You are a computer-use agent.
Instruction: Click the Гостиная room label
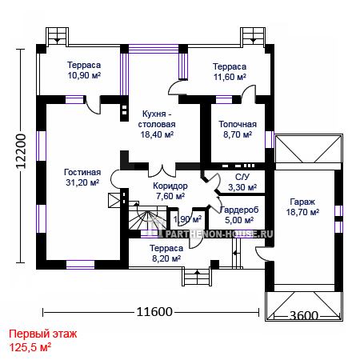point(82,172)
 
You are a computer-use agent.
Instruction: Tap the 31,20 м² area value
point(82,182)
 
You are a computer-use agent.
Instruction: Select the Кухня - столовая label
point(157,119)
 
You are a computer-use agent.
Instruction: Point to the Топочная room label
point(238,124)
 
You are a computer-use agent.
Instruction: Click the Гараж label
point(302,202)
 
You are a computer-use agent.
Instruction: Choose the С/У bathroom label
point(242,177)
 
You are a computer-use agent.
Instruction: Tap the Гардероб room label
point(239,210)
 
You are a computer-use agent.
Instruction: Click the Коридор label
point(170,186)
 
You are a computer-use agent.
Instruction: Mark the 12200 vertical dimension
point(21,151)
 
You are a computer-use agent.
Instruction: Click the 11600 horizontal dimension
point(154,312)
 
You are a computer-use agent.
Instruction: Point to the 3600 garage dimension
point(304,316)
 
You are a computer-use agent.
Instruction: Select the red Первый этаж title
point(43,334)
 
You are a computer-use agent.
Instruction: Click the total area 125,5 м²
point(30,347)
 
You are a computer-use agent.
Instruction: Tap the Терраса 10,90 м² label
point(84,70)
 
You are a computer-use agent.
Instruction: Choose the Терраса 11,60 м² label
point(230,72)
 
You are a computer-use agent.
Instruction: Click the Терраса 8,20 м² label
point(166,254)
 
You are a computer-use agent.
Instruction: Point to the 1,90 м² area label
point(187,219)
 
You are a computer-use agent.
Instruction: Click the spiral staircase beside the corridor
point(146,217)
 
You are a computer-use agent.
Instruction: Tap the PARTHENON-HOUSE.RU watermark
point(219,234)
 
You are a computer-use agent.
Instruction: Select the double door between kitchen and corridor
point(162,170)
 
